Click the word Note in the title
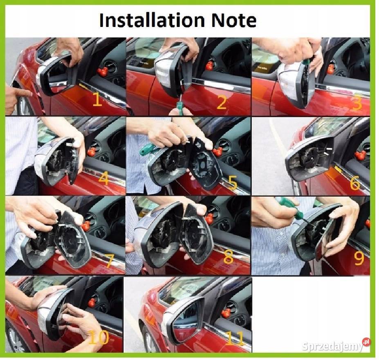tap(234, 20)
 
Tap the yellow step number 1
tap(97, 99)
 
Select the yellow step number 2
tap(222, 102)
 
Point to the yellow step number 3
tap(357, 103)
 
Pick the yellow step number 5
tap(232, 183)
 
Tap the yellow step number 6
tap(355, 183)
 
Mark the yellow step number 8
tap(228, 257)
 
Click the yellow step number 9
tap(359, 258)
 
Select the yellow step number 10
tap(99, 337)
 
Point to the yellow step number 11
tap(235, 338)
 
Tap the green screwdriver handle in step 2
tap(180, 106)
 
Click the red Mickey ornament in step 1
tap(103, 72)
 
